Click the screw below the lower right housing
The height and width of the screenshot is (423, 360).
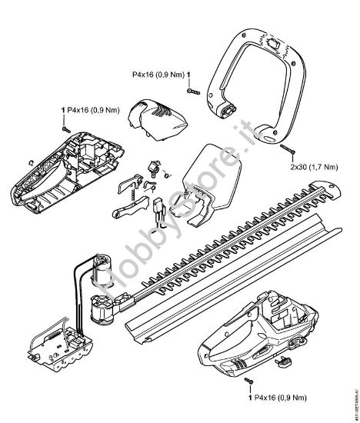248,382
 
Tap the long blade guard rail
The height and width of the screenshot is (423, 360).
231,285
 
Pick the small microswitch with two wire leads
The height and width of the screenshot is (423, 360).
160,208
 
